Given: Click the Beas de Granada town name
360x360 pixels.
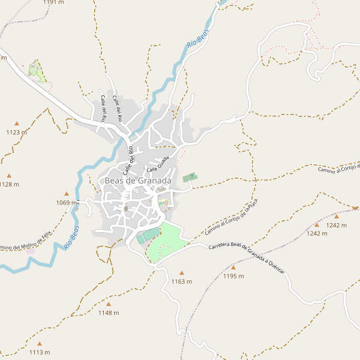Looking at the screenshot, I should point(138,180).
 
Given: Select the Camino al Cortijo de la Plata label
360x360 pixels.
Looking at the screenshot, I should point(231,217).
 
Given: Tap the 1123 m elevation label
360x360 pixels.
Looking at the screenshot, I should point(17,132).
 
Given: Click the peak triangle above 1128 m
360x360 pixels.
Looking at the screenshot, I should point(8,175).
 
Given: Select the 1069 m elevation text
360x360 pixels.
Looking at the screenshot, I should point(67,203).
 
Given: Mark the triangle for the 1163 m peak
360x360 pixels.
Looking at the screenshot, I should point(182,273).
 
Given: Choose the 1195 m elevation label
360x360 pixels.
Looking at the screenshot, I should point(233,276).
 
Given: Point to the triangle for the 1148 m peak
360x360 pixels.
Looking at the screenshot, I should point(109,304).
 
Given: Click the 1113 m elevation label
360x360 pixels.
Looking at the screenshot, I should point(40,352).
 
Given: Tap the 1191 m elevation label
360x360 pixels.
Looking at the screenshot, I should point(53,2).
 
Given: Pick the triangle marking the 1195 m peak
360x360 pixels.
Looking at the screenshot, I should point(233,268).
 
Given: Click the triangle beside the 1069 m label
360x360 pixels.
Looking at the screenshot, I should point(67,194).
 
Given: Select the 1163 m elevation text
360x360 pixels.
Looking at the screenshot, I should point(182,281).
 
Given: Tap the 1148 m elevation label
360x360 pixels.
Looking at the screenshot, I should point(109,313).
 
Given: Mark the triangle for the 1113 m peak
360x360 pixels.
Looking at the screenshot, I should point(40,344).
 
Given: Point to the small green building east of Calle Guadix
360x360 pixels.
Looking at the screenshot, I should point(190,177).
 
